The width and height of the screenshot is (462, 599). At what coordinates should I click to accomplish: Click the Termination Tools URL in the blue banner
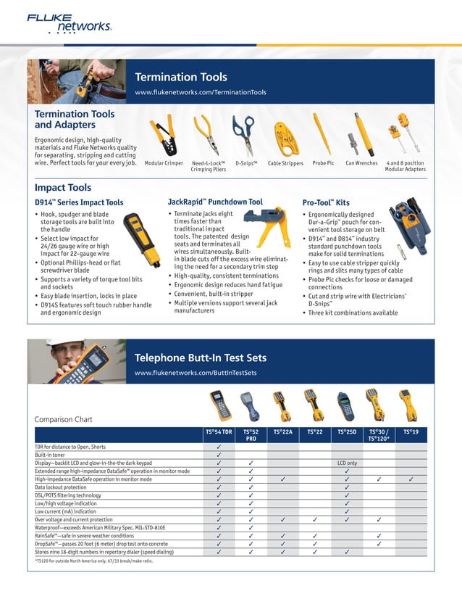tap(201, 93)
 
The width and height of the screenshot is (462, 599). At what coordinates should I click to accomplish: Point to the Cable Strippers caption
tap(285, 163)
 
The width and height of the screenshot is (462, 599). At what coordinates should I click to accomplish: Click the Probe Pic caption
tap(323, 163)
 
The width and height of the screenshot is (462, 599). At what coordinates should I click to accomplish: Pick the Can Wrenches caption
tap(361, 163)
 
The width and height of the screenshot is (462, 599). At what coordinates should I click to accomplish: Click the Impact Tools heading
tap(63, 188)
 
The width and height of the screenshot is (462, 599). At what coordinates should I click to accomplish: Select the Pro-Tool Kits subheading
tap(326, 202)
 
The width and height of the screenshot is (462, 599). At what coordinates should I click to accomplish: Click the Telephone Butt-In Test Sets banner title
tap(201, 358)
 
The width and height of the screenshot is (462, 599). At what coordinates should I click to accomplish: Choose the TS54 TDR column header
tap(219, 432)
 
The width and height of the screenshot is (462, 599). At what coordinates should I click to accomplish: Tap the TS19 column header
tap(411, 432)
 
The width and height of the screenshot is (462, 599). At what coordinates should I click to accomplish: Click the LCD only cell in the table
tap(347, 463)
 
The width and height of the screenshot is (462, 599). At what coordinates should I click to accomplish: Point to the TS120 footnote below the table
tap(94, 561)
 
